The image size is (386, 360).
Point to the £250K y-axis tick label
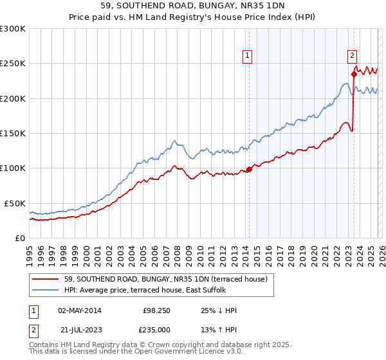pos(13,64)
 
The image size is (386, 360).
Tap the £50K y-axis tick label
pos(15,203)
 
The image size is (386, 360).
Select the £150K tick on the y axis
pos(13,133)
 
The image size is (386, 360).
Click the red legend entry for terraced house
pos(161,279)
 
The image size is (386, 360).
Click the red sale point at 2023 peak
pos(354,74)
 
